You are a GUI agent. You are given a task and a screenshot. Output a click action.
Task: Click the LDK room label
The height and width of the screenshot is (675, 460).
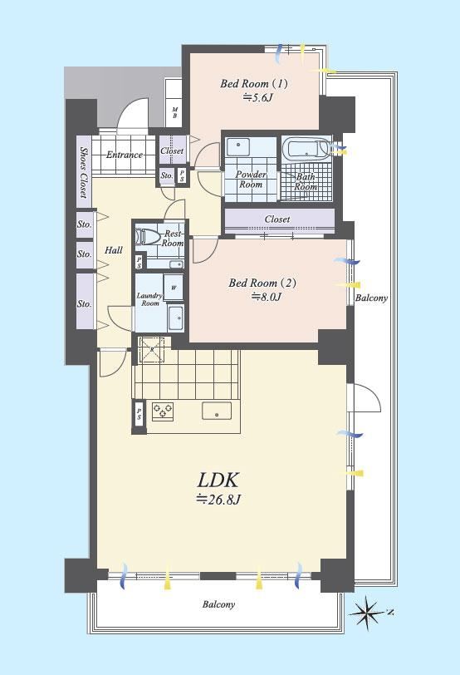(x=218, y=480)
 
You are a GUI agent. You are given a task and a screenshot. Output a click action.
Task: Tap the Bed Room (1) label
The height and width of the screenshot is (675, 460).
(x=253, y=83)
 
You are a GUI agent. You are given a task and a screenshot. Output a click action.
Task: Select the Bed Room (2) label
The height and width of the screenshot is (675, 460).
(x=262, y=283)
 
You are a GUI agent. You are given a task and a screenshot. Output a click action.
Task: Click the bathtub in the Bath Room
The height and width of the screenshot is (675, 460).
(x=306, y=149)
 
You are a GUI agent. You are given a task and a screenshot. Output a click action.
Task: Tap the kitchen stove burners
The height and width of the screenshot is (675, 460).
(x=163, y=410)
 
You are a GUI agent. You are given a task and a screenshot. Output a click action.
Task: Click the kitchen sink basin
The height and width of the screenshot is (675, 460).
(x=217, y=411)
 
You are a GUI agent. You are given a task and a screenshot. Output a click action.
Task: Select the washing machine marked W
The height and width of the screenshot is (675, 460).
(x=174, y=288)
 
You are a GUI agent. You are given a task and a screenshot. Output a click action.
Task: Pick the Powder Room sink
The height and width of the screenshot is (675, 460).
(x=237, y=147)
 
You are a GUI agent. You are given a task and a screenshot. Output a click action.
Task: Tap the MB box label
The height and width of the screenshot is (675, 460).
(x=174, y=113)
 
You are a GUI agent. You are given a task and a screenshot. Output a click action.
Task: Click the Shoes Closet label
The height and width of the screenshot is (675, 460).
(x=83, y=172)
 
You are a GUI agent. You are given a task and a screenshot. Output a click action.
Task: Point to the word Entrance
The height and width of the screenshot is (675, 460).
(x=125, y=155)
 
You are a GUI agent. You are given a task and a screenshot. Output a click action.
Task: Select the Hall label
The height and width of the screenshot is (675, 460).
(x=114, y=250)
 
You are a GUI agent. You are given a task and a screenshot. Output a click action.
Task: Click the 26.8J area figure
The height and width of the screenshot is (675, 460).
(x=218, y=500)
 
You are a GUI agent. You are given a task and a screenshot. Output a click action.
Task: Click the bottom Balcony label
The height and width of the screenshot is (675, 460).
(x=219, y=604)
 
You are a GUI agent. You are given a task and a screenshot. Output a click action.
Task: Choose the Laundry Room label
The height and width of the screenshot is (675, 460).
(x=149, y=299)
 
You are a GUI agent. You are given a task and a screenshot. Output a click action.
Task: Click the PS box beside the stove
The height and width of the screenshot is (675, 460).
(x=139, y=414)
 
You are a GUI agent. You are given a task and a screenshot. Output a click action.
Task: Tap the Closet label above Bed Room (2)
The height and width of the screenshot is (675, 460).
(x=277, y=219)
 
